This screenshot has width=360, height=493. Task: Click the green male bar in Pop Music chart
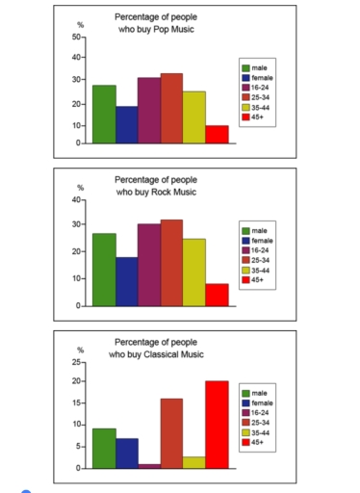[x=104, y=115]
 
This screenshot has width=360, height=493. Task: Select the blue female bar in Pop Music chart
[x=126, y=125]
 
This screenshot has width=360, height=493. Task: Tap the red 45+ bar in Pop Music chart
[x=217, y=135]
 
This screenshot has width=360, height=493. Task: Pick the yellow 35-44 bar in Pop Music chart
[x=194, y=117]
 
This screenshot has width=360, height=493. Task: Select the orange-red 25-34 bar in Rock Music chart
[x=171, y=263]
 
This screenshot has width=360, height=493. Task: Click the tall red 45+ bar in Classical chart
[x=217, y=425]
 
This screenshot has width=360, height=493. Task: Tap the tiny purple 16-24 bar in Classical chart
[x=149, y=466]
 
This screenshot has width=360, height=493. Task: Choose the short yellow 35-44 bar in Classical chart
[x=194, y=462]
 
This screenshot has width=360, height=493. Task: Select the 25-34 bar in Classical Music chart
[x=171, y=433]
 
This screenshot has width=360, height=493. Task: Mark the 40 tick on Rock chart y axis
[x=76, y=199]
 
